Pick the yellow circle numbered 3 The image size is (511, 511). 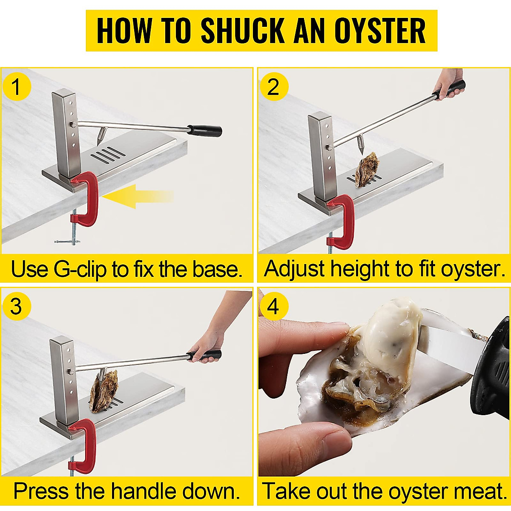[17, 306]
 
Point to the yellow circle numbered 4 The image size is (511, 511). [273, 306]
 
